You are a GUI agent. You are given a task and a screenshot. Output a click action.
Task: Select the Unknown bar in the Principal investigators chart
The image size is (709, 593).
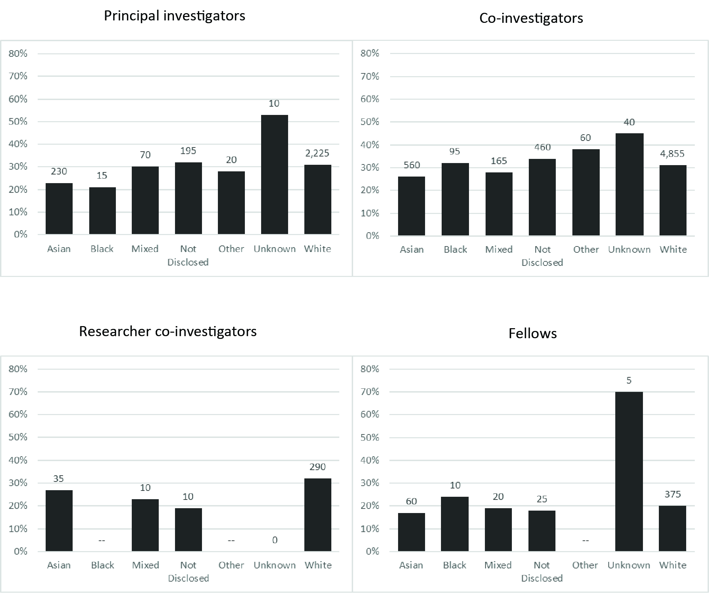point(274,174)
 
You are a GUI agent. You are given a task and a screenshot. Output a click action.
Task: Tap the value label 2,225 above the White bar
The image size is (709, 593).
point(317,153)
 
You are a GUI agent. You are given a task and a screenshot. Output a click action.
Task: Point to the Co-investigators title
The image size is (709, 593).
point(531,18)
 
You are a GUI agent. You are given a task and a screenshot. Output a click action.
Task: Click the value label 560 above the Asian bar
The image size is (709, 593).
point(412,165)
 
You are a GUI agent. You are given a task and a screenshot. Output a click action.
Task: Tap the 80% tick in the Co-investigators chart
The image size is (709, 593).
point(370,53)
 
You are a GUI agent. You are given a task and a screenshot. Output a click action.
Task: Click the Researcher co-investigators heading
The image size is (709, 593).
point(168,331)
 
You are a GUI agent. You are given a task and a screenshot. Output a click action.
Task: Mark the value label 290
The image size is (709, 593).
point(317,467)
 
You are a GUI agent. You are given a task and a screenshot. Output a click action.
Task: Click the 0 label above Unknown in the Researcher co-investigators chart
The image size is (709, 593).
point(275,540)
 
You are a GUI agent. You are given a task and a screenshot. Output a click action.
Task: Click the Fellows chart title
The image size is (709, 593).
point(533,334)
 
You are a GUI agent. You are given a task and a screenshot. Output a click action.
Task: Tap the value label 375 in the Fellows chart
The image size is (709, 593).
point(673,494)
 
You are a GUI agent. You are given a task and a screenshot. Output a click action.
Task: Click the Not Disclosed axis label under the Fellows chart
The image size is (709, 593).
point(542,572)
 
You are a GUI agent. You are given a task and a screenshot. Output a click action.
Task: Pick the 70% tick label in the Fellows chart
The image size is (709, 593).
point(370,392)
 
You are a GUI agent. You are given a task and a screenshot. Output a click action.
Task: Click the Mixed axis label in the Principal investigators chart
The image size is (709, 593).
point(145,249)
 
